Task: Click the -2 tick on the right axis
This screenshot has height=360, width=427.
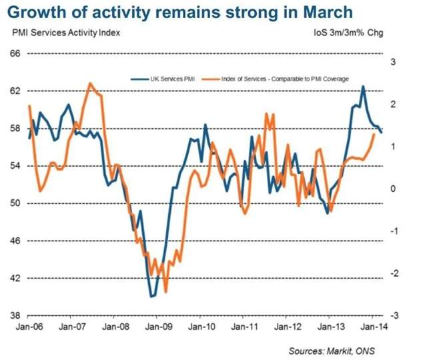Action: pos(393,273)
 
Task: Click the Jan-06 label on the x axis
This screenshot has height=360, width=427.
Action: pos(29,327)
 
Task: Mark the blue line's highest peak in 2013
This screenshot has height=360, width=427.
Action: pos(363,86)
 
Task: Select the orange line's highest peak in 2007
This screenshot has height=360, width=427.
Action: pos(90,83)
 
